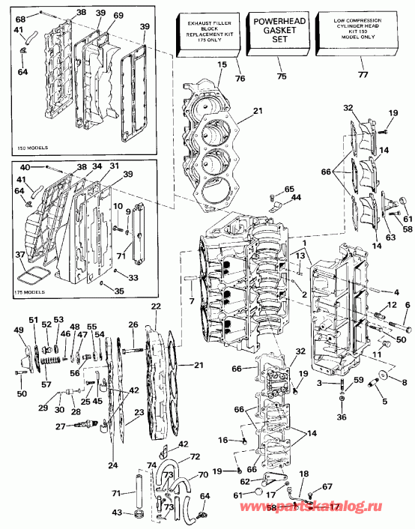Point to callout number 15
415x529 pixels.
(x=221, y=65)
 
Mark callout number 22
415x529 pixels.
(x=156, y=306)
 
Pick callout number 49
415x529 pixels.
(x=19, y=330)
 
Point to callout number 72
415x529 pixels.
(x=194, y=456)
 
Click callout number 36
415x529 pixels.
(x=342, y=417)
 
